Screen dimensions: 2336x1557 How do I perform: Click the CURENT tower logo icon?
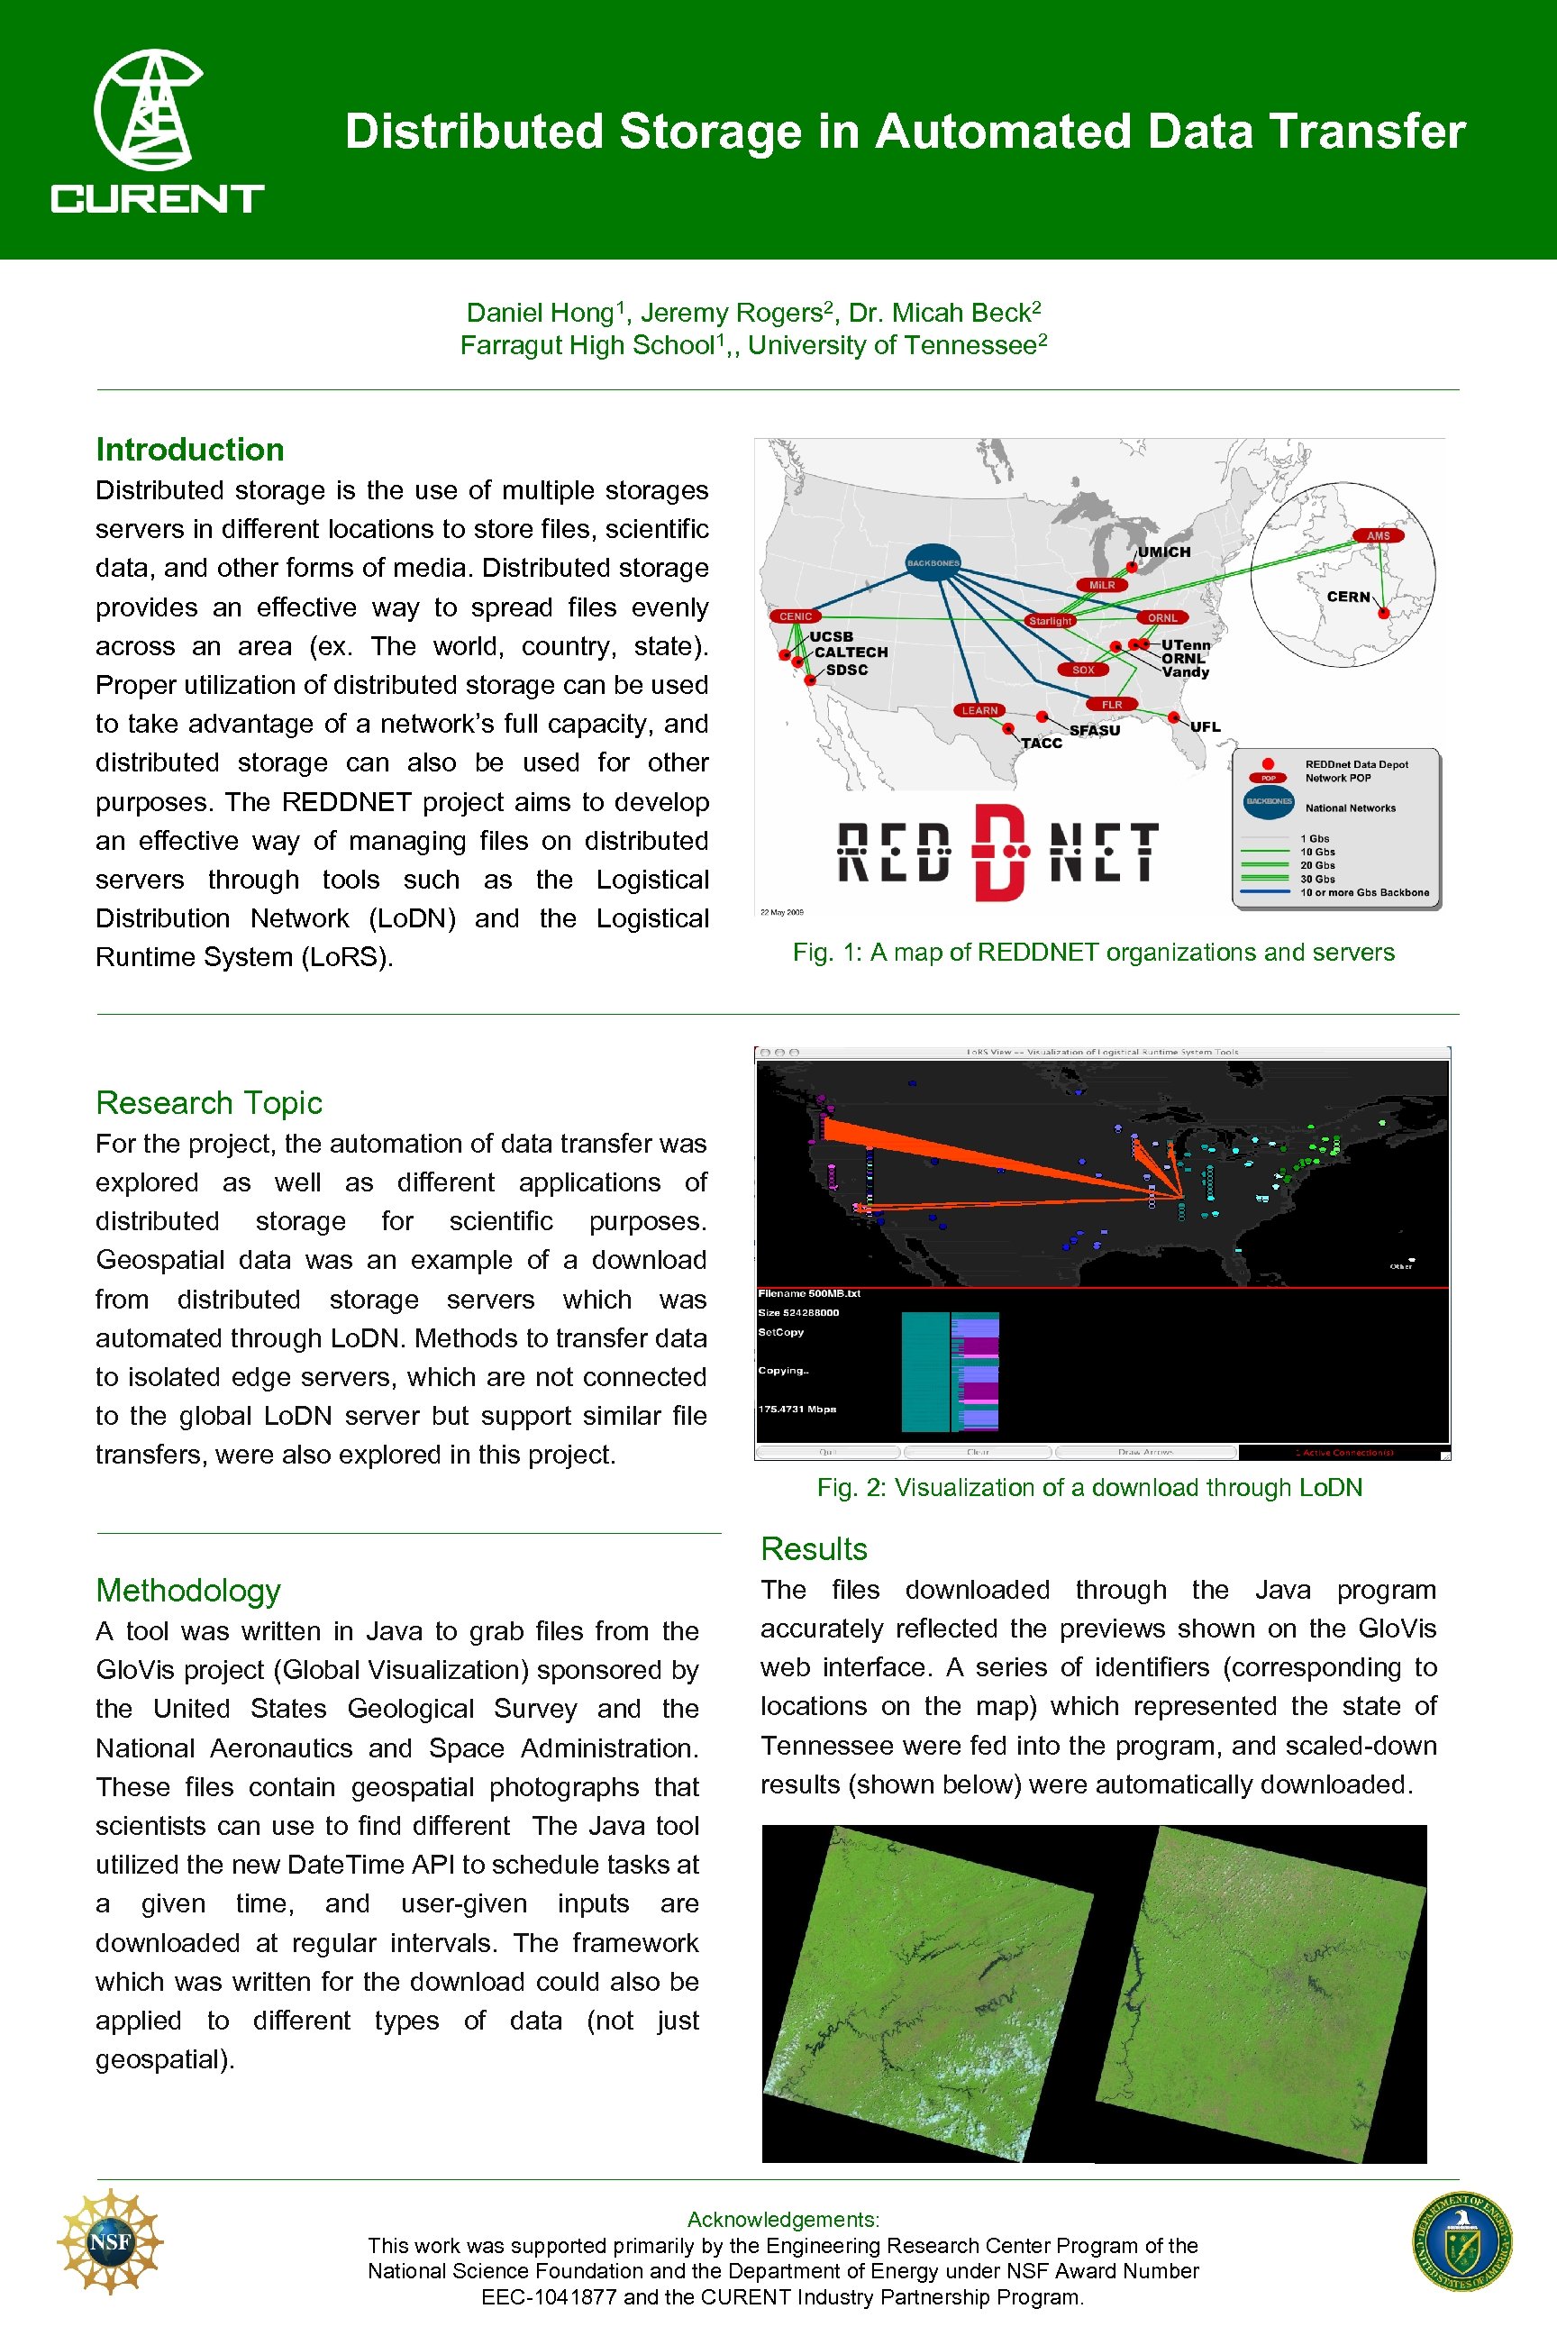[x=148, y=109]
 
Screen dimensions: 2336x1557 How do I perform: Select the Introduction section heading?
[x=189, y=450]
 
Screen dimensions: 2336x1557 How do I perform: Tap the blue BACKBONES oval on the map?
[x=933, y=563]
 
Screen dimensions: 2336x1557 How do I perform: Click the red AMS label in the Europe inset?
[x=1379, y=535]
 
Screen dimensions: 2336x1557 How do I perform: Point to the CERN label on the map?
[x=1347, y=597]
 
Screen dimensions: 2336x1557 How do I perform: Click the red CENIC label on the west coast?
[x=796, y=616]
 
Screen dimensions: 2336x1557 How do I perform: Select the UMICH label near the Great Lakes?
[x=1164, y=552]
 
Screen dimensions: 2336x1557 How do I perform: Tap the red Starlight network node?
[x=1050, y=621]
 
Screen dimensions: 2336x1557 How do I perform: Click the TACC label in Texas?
[x=1042, y=743]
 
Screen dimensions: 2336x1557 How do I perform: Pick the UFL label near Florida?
[x=1206, y=727]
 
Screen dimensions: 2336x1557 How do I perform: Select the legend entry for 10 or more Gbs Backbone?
[x=1364, y=892]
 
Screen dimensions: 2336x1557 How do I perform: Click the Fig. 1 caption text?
[x=1093, y=953]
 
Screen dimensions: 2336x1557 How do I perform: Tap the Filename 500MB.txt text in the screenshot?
[x=809, y=1293]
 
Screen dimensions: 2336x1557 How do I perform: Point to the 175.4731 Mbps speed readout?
[x=797, y=1410]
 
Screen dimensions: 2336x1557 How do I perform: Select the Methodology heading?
[x=187, y=1591]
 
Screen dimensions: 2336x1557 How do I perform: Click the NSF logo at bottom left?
[x=110, y=2240]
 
